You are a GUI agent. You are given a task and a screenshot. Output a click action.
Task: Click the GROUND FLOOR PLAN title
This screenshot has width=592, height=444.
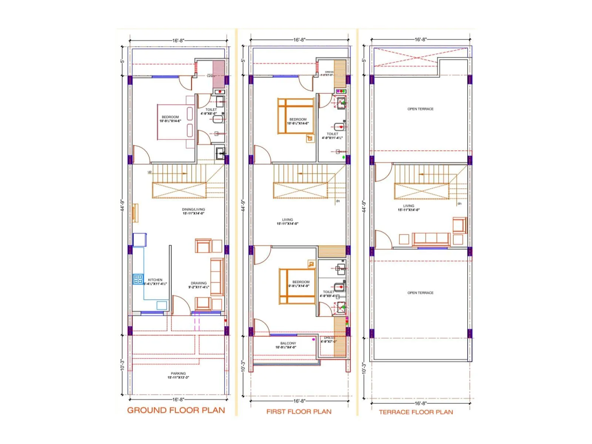[176, 410]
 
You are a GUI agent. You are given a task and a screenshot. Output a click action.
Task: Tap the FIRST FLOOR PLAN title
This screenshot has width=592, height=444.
[299, 411]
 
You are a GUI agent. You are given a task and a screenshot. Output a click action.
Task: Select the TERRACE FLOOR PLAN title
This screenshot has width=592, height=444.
[416, 412]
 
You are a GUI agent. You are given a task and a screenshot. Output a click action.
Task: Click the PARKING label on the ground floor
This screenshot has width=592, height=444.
[178, 374]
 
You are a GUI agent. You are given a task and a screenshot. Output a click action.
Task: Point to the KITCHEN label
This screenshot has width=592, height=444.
[155, 280]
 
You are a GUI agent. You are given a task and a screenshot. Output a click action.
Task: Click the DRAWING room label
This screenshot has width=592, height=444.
[199, 283]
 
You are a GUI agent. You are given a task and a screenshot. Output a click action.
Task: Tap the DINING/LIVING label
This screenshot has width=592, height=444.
[193, 209]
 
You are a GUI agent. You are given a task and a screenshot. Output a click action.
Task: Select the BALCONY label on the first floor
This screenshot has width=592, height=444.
[288, 343]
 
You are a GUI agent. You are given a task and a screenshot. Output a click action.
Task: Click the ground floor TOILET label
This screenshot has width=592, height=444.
[211, 110]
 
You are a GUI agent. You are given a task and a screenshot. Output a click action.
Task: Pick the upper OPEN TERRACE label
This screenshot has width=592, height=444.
[420, 109]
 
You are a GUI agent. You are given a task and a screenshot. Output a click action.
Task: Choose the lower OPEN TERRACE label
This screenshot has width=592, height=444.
[420, 293]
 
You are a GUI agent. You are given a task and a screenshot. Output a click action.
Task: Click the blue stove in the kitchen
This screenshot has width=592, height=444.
[138, 279]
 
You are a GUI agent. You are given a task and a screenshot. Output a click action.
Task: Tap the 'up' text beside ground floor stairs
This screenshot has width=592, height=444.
[149, 172]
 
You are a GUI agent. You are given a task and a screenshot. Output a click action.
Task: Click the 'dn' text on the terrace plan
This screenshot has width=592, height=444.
[459, 203]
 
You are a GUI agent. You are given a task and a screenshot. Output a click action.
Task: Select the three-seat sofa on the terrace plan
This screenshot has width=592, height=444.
[431, 239]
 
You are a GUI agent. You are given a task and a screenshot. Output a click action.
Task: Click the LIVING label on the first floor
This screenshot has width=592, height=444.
[287, 219]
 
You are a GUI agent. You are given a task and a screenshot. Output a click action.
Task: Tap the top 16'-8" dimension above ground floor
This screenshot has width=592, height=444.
[178, 40]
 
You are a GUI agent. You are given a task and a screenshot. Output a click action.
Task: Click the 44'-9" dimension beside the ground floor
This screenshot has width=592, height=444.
[122, 205]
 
